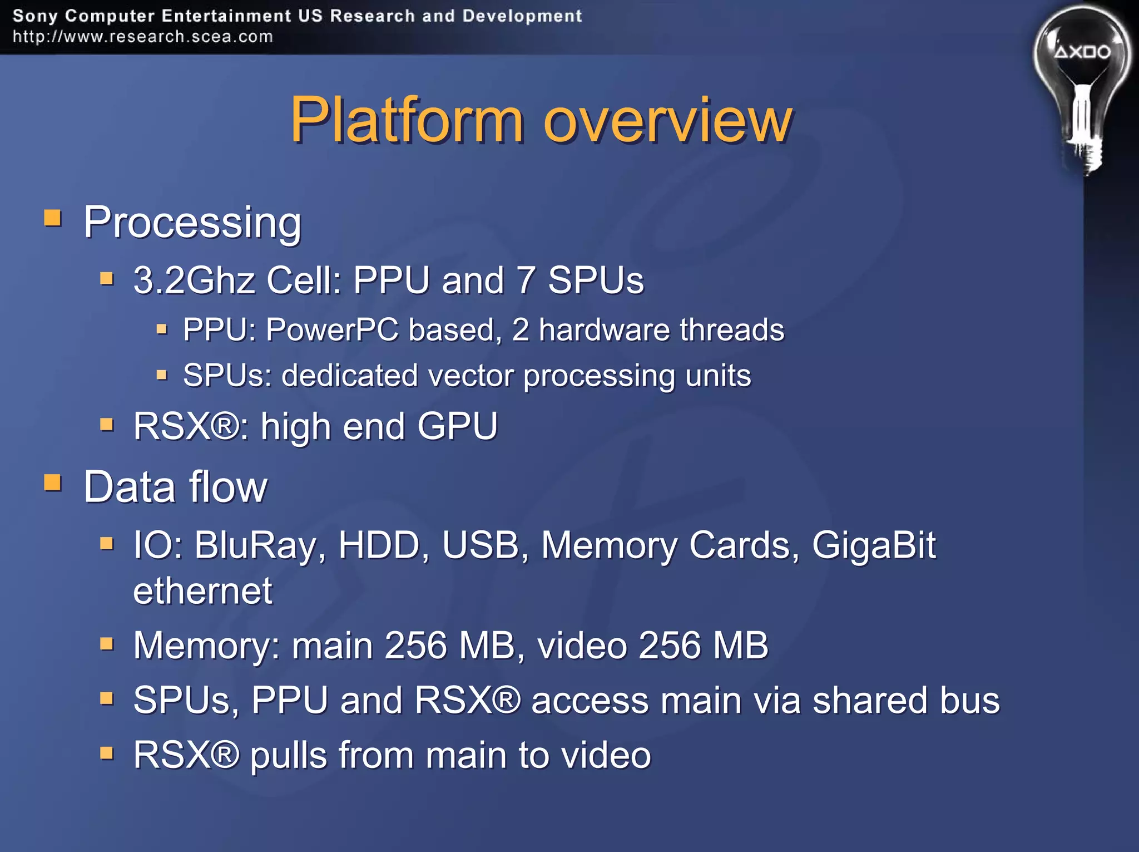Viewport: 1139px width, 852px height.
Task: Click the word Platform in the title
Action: (x=407, y=120)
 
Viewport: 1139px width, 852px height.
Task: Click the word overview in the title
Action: (x=667, y=120)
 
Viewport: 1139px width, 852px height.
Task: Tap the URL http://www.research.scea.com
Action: (x=143, y=37)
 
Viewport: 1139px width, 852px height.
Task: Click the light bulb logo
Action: (x=1081, y=89)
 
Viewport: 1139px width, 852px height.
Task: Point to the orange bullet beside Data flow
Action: (x=53, y=482)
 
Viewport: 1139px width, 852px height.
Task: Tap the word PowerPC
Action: (x=332, y=329)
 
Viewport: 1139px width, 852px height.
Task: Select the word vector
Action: (x=472, y=376)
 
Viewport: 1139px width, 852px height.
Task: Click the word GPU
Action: (x=457, y=426)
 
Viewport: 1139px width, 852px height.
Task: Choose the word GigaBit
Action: (x=874, y=545)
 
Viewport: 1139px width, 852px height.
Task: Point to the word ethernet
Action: (x=203, y=591)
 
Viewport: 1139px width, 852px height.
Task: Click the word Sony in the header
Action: (x=34, y=16)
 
